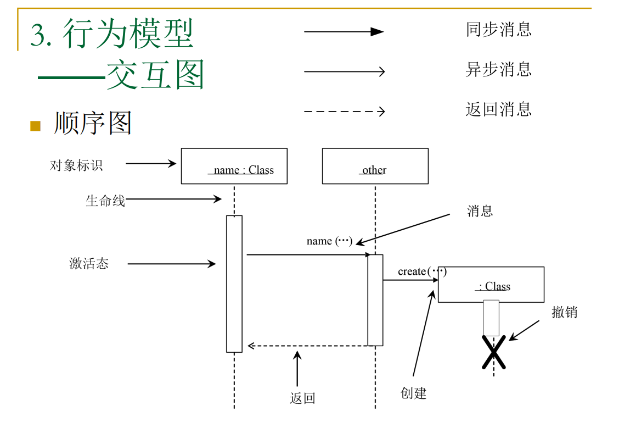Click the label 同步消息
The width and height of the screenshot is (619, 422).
click(x=498, y=29)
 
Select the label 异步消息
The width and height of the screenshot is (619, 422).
click(x=498, y=69)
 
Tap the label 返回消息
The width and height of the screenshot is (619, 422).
click(x=498, y=109)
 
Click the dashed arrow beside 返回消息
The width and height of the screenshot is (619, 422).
click(x=344, y=112)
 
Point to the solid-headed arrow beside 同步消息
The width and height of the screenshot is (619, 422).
click(x=344, y=32)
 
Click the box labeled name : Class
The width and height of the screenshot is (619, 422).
click(x=234, y=166)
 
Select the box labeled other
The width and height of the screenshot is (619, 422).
click(x=375, y=166)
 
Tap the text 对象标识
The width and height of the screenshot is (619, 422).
click(x=76, y=165)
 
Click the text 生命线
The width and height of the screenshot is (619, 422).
click(x=105, y=201)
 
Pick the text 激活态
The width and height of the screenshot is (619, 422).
click(x=89, y=264)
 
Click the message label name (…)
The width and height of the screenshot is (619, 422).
click(x=329, y=241)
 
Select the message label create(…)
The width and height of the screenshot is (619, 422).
click(x=422, y=271)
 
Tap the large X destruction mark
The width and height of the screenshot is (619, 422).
click(x=494, y=352)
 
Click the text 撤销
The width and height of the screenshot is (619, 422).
click(x=564, y=312)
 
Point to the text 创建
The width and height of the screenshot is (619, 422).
click(x=414, y=393)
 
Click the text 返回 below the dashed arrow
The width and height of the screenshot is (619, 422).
click(x=302, y=398)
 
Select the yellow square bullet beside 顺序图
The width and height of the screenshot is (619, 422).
click(x=36, y=126)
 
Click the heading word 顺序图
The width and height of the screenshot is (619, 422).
click(x=93, y=124)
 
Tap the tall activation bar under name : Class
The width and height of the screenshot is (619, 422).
click(x=234, y=284)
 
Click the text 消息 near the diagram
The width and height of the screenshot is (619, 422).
click(x=480, y=211)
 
